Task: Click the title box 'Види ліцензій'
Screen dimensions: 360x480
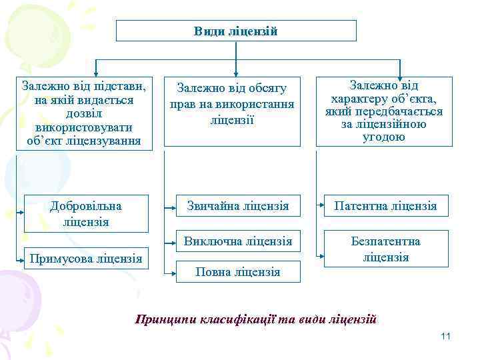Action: (x=236, y=31)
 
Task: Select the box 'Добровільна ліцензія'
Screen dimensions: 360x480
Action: (x=86, y=213)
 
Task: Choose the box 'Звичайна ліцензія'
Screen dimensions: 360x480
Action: (x=237, y=206)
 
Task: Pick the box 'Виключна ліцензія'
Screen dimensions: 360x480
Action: (x=237, y=241)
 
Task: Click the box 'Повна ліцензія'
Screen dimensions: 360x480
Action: (x=237, y=271)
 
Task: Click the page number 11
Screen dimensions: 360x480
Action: (x=446, y=336)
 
